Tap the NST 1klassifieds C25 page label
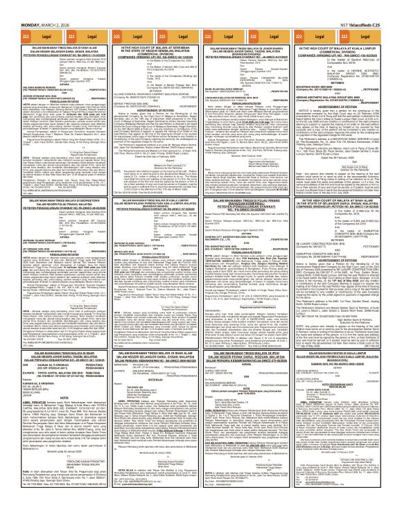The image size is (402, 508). [378, 5]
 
